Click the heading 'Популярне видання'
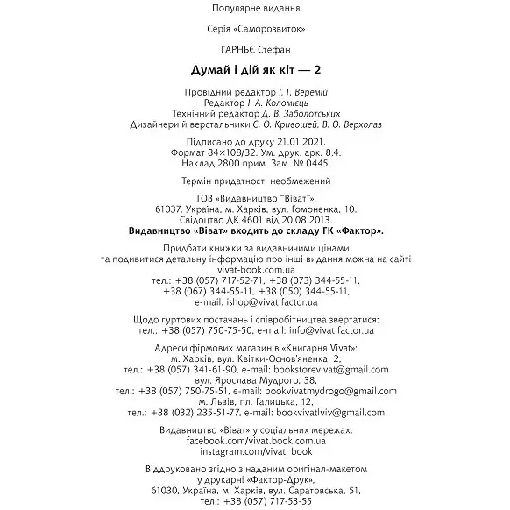pyautogui.click(x=255, y=10)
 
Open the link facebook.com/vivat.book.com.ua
pyautogui.click(x=254, y=443)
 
